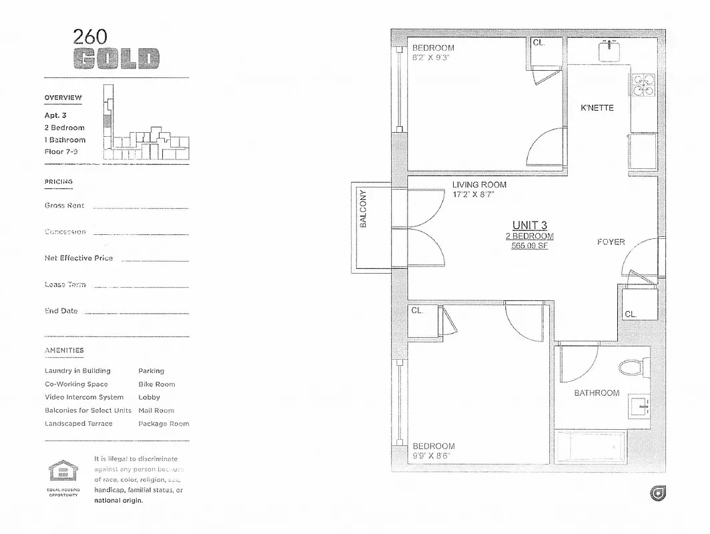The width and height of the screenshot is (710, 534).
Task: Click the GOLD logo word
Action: coord(116,59)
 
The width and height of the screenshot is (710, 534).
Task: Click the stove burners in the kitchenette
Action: coord(643,85)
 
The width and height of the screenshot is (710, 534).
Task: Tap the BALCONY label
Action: coord(364,209)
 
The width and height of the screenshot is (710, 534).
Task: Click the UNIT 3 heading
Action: coord(530,225)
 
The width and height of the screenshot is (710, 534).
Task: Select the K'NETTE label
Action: coord(597,108)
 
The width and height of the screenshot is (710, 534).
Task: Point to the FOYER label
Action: coord(611,242)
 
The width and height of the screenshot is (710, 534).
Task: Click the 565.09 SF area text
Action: coord(530,246)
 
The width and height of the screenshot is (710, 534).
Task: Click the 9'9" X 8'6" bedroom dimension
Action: coord(434,456)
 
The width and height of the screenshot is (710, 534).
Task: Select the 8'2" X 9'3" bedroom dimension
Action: coord(430,57)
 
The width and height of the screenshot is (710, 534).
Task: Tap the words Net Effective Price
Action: coord(79,258)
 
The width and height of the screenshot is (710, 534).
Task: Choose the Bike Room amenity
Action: coord(156,384)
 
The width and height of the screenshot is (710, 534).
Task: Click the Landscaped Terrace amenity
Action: coord(79,424)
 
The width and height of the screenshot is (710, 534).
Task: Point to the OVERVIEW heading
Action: coord(63,97)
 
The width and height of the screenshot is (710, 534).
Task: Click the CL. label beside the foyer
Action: coord(631,314)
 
